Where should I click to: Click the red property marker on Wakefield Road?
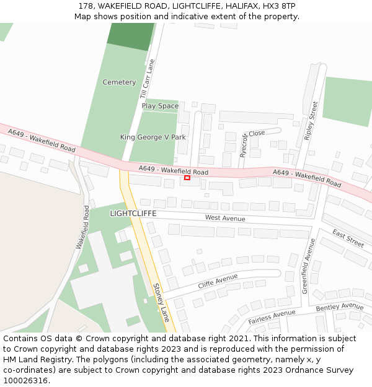187,178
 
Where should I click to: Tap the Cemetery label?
119,82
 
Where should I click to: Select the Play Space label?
160,106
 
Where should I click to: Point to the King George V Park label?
153,137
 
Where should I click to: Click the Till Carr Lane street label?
148,79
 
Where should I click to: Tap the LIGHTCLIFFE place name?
133,214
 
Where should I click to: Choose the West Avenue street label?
225,218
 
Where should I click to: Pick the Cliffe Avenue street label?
218,282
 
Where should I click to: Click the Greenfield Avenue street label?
308,266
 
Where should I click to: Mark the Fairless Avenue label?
272,318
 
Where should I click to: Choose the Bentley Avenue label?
339,307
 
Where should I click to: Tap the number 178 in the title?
86,6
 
